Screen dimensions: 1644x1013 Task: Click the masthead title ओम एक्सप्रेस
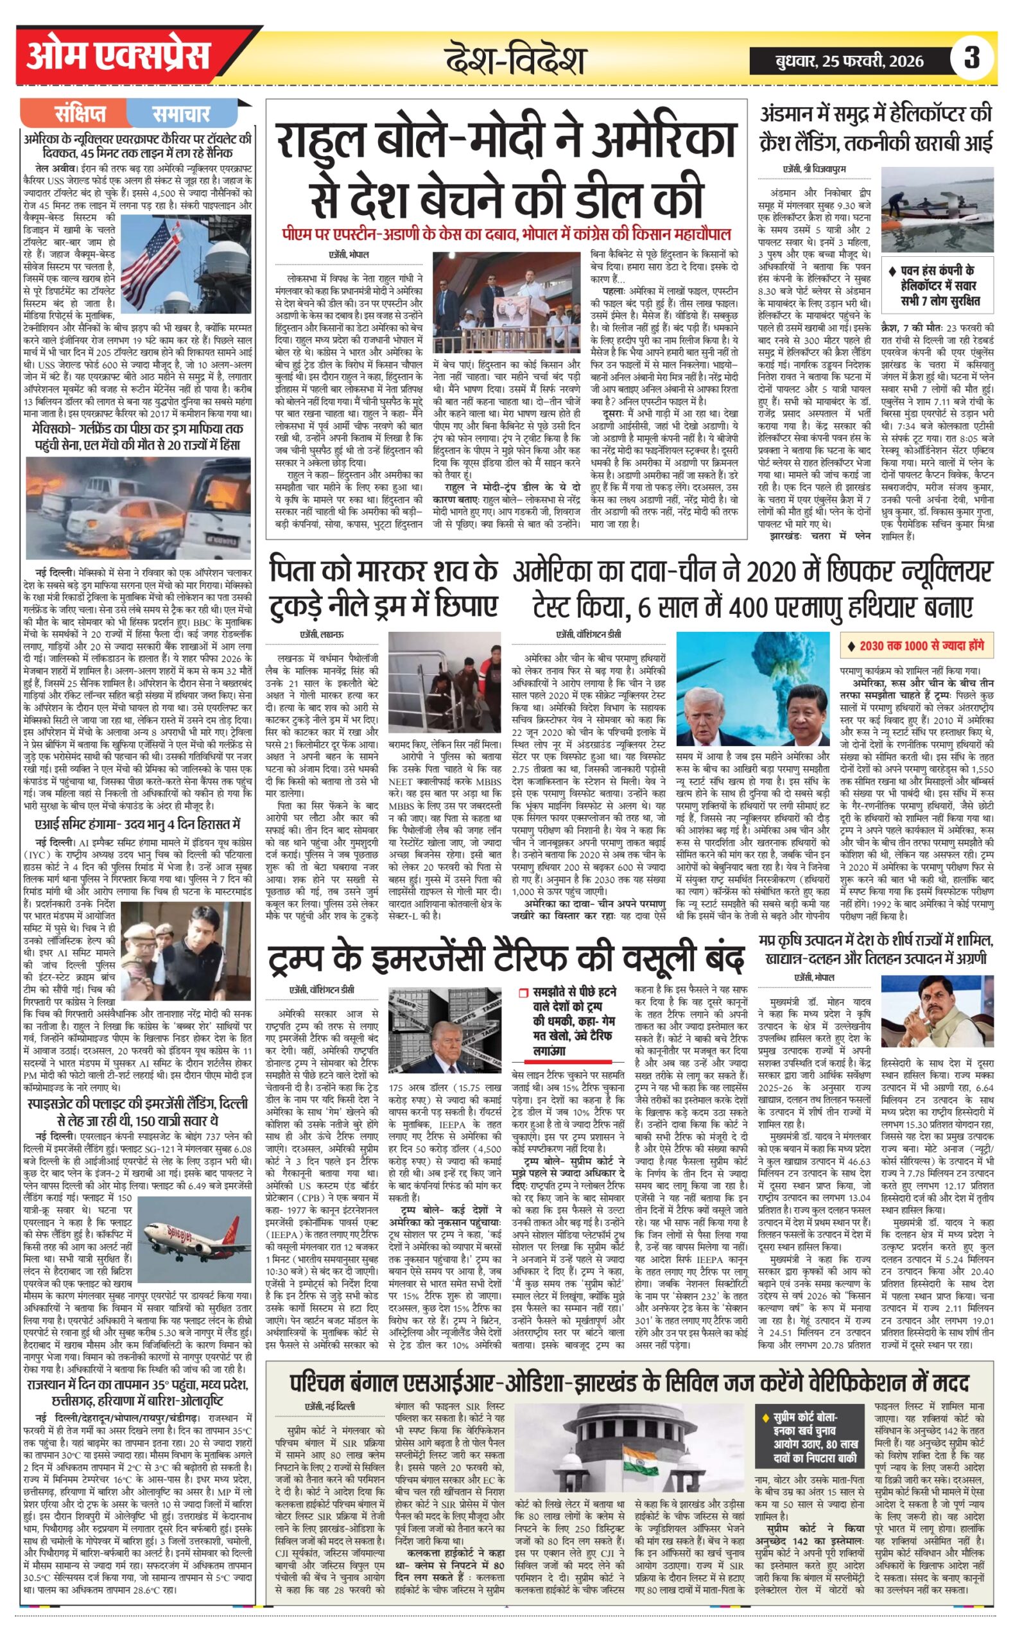pos(119,58)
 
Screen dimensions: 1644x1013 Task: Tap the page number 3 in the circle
pos(971,58)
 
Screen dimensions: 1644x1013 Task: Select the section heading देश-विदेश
pos(515,60)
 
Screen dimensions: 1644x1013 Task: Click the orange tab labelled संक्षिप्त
pos(81,114)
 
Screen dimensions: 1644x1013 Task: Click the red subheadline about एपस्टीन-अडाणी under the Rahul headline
pos(506,235)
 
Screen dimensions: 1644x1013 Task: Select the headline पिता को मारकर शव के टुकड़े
pos(384,590)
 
